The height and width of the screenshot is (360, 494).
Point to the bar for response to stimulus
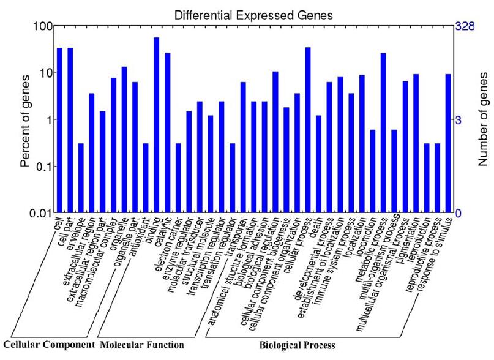tap(448, 143)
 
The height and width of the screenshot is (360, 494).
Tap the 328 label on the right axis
tap(465, 26)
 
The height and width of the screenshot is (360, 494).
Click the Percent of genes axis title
tap(25, 121)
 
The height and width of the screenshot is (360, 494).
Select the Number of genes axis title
tap(483, 120)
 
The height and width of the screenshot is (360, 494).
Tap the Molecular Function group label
tap(141, 345)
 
